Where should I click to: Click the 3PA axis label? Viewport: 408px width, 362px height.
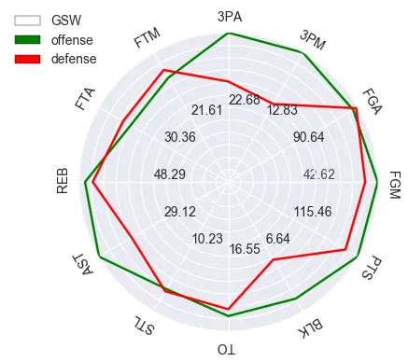click(x=229, y=16)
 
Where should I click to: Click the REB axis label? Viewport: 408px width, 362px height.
click(x=63, y=181)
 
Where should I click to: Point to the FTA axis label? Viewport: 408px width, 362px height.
click(x=86, y=98)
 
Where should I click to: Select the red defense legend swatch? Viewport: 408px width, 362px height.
click(x=28, y=59)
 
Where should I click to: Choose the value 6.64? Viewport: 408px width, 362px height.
click(x=277, y=239)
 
